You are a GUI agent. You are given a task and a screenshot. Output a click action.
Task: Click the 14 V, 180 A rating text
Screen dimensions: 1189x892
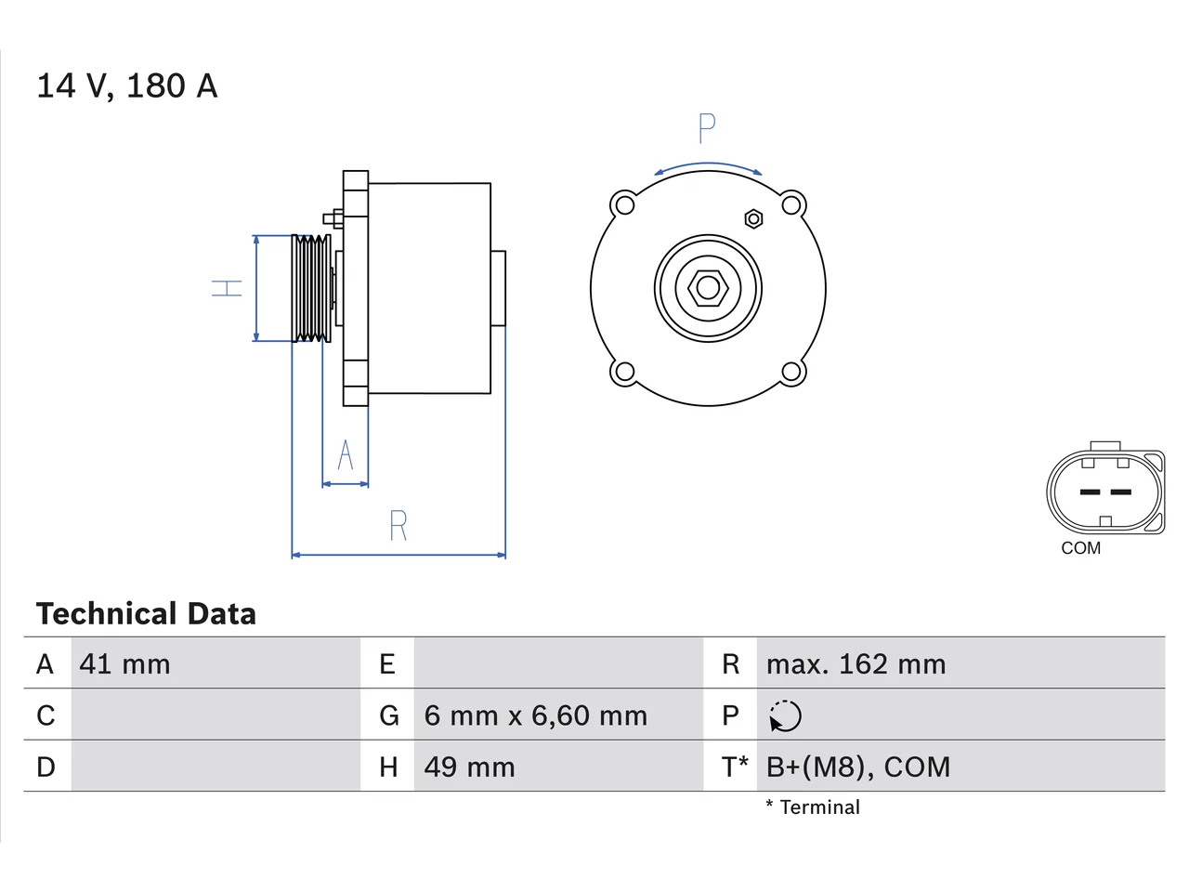coord(126,86)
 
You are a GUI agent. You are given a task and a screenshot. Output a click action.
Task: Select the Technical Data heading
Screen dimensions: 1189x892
coord(146,613)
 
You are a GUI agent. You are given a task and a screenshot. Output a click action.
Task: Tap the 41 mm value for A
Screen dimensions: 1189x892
coord(124,664)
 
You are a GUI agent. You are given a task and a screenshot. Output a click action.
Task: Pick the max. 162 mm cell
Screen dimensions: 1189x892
coord(856,664)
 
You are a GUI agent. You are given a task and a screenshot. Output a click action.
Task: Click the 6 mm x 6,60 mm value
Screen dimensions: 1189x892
coord(535,715)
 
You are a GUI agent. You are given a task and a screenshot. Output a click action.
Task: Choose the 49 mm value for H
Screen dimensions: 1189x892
coord(469,767)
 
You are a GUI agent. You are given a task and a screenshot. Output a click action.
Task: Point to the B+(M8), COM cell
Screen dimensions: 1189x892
coord(858,767)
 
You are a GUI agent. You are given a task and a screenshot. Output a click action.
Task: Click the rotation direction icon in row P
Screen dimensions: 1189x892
coord(785,716)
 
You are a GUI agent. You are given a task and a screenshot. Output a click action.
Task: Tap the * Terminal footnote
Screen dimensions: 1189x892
coord(813,807)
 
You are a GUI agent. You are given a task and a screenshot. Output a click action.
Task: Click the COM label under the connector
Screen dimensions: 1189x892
coord(1080,548)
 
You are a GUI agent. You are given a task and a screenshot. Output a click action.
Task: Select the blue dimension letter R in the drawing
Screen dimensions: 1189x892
coord(399,525)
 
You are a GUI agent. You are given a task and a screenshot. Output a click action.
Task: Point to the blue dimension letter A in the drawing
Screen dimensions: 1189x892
coord(345,453)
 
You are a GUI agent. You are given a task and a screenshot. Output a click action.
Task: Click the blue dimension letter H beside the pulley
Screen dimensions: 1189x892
coord(227,288)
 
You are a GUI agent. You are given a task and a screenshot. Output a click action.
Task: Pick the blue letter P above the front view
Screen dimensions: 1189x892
coord(707,128)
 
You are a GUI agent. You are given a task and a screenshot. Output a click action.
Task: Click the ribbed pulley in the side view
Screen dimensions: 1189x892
coord(311,288)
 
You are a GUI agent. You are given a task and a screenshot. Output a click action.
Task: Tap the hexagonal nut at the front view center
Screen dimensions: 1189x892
coord(708,288)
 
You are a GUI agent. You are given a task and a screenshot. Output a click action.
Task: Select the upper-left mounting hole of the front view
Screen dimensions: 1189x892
coord(625,205)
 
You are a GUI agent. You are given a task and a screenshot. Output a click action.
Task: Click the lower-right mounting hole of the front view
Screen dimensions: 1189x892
coord(790,372)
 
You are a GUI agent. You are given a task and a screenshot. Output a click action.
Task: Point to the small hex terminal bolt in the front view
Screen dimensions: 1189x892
coord(754,218)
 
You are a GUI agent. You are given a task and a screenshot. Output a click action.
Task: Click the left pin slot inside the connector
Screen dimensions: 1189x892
coord(1090,492)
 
